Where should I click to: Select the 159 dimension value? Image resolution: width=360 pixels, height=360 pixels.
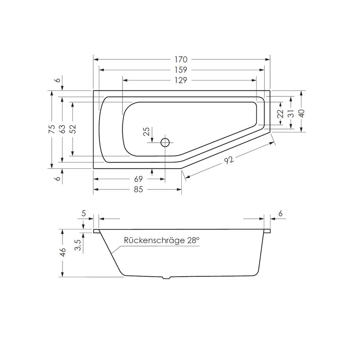[x=181, y=70]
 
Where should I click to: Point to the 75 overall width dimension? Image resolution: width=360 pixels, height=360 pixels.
[x=52, y=129]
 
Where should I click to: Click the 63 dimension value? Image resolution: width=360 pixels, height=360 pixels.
[x=63, y=129]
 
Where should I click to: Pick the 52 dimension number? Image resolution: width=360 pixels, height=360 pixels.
[x=72, y=129]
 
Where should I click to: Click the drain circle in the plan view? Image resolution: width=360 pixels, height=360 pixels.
[x=165, y=143]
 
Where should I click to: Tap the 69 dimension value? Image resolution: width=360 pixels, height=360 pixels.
[x=138, y=179]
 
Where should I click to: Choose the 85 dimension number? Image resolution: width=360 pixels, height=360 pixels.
[x=138, y=189]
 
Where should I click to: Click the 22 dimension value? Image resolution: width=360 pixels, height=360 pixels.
[x=279, y=114]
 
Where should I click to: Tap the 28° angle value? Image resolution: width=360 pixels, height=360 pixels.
[x=193, y=241]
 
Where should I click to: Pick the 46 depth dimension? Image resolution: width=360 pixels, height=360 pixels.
[x=63, y=252]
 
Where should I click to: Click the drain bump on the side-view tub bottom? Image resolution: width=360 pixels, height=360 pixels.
[x=166, y=278]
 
